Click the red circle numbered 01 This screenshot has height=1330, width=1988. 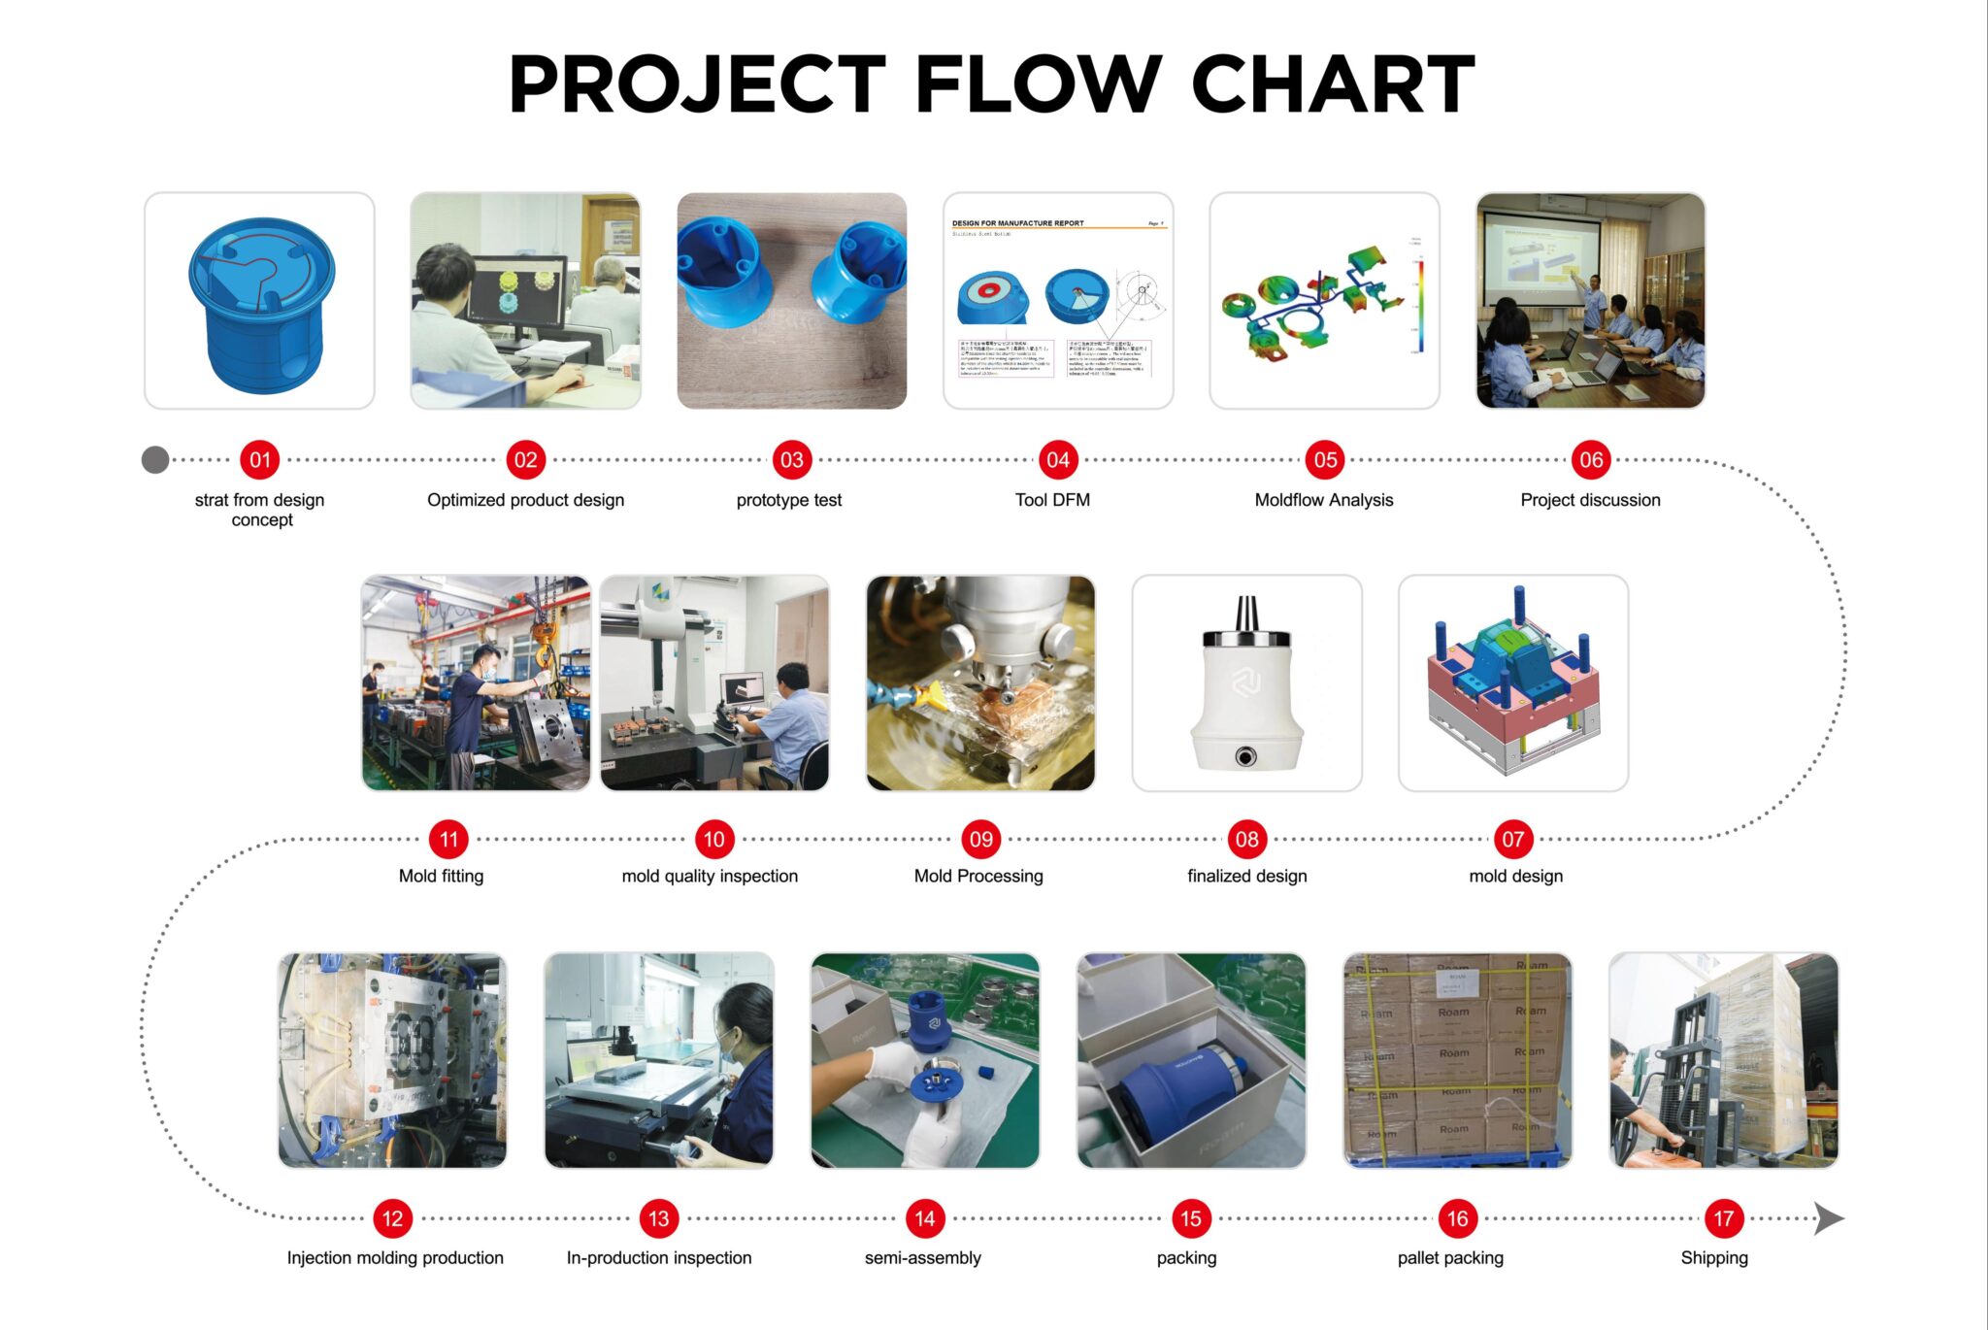(259, 460)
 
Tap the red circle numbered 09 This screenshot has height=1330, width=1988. (980, 839)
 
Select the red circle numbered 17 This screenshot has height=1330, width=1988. (1723, 1218)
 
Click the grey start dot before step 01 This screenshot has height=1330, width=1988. (155, 460)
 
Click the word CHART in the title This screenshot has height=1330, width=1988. (1332, 84)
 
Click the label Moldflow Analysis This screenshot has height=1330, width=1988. (1323, 500)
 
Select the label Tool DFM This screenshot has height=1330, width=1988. (1052, 500)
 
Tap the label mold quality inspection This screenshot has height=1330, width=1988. (710, 876)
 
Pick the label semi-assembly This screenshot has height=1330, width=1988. (922, 1257)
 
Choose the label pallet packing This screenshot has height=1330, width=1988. (1450, 1257)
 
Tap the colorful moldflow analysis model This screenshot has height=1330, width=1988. (1310, 306)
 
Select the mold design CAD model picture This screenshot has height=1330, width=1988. (1512, 682)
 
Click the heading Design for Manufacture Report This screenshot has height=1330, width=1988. (1017, 223)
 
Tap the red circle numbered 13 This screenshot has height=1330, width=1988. (658, 1218)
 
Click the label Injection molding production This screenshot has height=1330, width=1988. (395, 1257)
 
